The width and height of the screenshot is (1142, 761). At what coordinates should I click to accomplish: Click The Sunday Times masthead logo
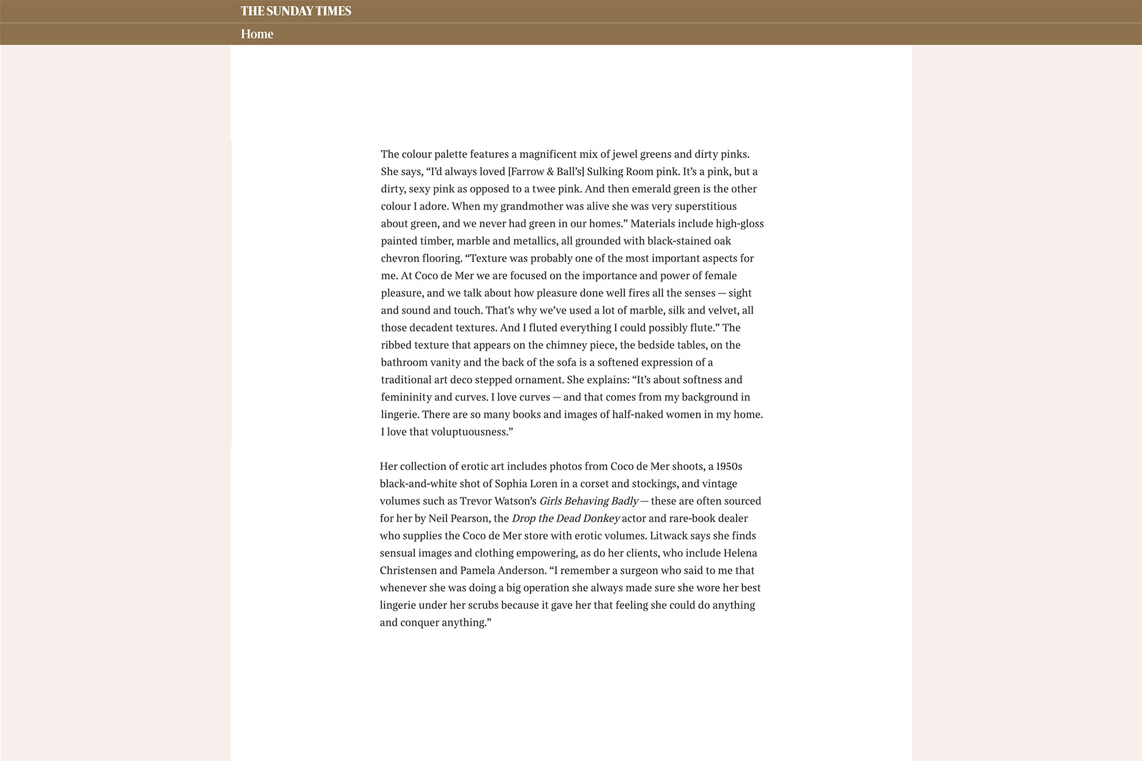coord(296,11)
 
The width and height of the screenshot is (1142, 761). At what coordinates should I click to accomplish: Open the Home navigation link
coord(257,34)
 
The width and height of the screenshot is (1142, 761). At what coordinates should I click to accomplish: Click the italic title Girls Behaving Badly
coord(589,501)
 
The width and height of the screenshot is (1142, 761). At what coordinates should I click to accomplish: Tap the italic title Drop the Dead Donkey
coord(565,519)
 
